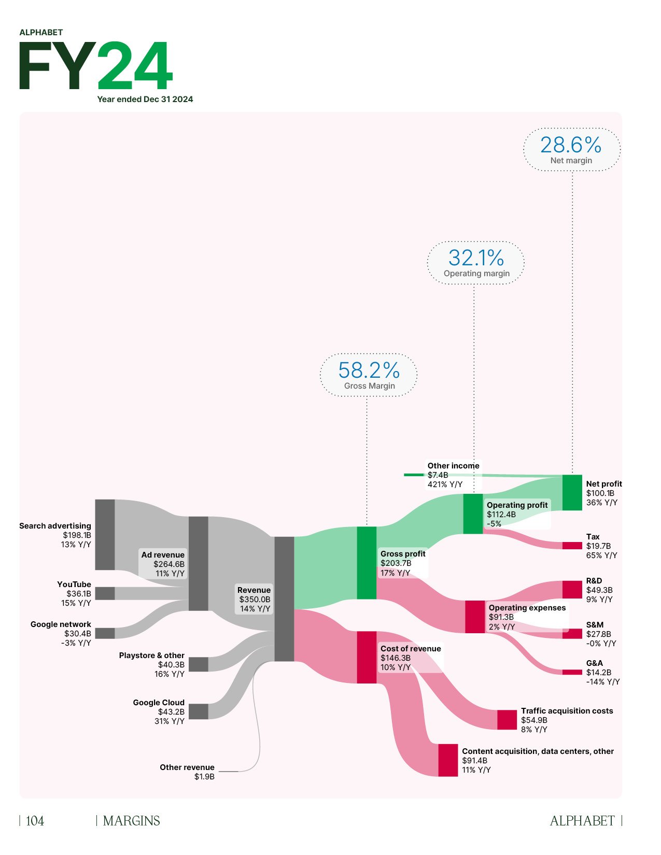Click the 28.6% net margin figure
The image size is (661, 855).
coord(570,145)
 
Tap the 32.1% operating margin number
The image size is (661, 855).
coord(476,258)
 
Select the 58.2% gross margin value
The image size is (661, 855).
coord(369,370)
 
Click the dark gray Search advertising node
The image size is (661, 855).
coord(105,534)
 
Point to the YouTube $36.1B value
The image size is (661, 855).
coord(79,594)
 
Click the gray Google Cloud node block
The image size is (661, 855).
coord(198,711)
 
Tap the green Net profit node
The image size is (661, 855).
coord(572,492)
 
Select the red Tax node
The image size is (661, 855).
coord(572,546)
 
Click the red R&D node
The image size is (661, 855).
coord(572,590)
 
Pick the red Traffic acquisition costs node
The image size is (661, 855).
coord(507,720)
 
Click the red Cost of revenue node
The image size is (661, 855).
coord(367,657)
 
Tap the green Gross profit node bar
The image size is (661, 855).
coord(367,563)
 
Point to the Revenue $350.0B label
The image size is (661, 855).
coord(254,600)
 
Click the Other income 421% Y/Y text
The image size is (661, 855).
coord(445,484)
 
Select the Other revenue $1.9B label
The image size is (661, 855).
coord(187,772)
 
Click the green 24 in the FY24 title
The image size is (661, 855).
coord(134,66)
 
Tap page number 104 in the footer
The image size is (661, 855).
coord(35,821)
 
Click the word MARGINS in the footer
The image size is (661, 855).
coord(131,821)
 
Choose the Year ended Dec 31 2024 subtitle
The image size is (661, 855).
coord(145,99)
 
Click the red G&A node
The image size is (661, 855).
coord(572,672)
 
